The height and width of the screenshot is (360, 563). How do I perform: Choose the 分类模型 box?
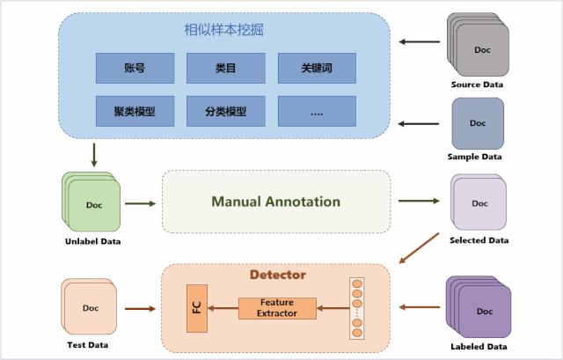[225, 111]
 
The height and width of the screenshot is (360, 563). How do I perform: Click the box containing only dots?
[317, 111]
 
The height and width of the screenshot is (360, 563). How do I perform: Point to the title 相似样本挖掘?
[223, 30]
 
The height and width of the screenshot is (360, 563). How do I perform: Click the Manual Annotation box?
[275, 202]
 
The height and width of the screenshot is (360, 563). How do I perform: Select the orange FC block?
[196, 309]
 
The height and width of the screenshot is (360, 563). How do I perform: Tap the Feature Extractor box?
[277, 308]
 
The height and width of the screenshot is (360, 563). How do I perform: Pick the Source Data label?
[478, 84]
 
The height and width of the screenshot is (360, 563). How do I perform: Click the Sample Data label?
[478, 157]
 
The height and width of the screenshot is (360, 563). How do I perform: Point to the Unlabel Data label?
[92, 241]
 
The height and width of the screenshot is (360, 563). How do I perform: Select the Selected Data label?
[479, 239]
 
